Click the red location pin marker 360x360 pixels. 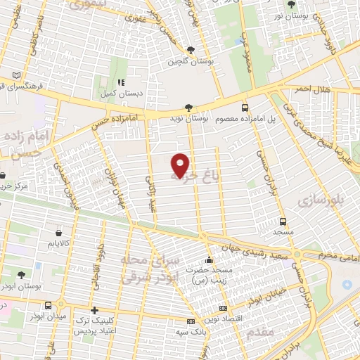181,165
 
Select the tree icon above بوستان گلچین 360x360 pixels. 191,49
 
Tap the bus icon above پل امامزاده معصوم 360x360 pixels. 245,108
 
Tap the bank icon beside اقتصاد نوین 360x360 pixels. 224,307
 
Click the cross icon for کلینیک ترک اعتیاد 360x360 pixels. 94,310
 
